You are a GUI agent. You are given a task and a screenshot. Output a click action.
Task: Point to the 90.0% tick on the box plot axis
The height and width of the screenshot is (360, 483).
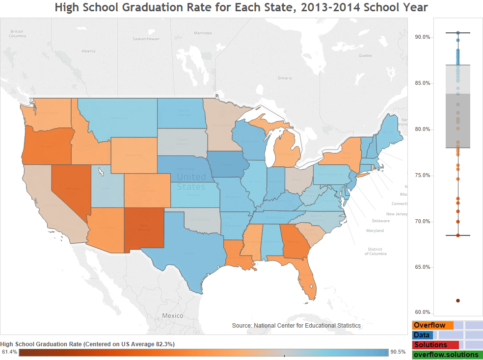coord(423,37)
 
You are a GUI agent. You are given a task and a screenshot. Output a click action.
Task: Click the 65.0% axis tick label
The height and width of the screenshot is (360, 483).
coord(423,267)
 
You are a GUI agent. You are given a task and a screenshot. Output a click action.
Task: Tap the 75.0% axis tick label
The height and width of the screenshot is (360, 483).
coord(423,176)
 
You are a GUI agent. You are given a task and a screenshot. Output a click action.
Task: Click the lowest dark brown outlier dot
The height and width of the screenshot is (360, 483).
coord(458,301)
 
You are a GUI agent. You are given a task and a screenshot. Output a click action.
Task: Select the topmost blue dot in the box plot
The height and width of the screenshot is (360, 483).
coord(458,33)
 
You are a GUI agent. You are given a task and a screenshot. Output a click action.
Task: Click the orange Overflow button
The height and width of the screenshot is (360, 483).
coord(432,325)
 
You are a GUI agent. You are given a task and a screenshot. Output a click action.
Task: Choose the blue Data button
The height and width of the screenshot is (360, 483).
coord(422,335)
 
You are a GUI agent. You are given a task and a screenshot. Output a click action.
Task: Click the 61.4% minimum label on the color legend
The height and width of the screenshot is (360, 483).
coord(9,352)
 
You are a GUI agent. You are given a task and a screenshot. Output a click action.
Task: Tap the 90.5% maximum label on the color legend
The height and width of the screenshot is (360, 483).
coord(398,352)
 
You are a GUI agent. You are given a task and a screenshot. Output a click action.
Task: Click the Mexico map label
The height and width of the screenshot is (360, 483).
coord(172,315)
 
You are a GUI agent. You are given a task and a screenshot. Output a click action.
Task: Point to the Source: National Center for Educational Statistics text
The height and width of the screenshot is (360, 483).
coord(296,326)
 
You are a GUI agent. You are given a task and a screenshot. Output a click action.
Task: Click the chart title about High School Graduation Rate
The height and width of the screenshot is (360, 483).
coord(241,8)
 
